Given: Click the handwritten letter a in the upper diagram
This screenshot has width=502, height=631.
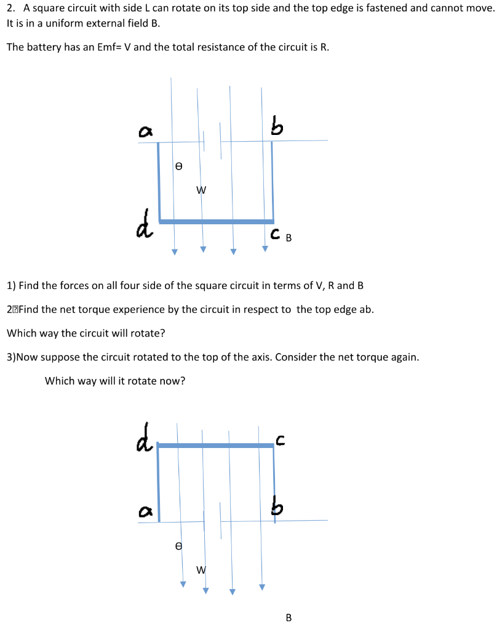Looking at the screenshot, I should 146,131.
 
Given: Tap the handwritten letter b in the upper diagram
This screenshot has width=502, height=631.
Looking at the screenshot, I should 277,126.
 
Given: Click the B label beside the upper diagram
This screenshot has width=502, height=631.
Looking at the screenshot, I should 289,238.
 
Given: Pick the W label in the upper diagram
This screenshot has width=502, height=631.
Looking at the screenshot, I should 201,190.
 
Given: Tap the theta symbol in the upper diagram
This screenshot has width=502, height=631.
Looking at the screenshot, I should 178,166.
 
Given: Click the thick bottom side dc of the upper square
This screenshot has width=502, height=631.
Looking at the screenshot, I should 215,221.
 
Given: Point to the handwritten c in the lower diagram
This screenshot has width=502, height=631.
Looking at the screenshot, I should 280,439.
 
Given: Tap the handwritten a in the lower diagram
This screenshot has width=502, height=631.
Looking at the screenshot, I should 145,511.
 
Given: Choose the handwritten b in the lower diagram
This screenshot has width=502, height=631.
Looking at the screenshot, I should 278,508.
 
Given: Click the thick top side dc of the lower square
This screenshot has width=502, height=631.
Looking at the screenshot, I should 215,445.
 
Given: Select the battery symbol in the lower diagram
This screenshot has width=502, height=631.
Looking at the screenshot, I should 212,521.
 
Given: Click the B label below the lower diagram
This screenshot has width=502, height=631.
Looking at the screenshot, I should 289,617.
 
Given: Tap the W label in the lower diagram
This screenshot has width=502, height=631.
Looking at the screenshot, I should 201,570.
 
